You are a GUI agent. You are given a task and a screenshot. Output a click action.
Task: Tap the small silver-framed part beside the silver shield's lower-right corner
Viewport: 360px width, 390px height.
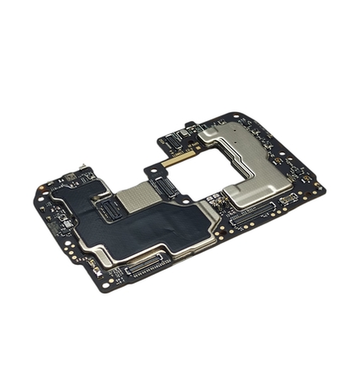click(x=287, y=199)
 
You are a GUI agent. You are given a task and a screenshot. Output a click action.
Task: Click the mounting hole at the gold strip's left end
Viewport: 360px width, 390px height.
click(x=150, y=169)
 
